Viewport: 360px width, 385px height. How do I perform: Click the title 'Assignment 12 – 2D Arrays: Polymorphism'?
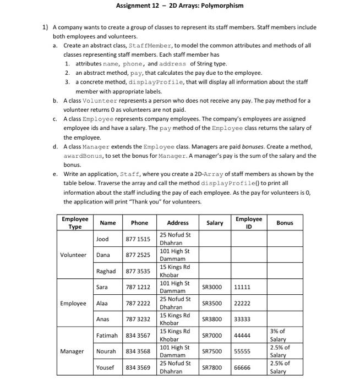180,6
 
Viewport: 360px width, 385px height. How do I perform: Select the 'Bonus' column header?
285,223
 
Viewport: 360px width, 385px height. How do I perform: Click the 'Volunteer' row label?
73,255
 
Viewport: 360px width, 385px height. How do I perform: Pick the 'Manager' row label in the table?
73,351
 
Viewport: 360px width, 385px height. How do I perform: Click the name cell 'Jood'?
102,239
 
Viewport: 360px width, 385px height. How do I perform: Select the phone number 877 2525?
138,255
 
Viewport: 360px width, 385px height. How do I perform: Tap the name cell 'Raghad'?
106,271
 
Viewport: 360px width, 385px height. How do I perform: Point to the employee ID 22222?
242,303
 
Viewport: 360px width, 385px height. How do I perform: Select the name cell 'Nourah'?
106,351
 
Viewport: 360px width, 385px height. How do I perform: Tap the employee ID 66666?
242,367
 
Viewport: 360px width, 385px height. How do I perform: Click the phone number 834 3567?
138,335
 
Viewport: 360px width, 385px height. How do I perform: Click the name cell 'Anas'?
103,319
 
